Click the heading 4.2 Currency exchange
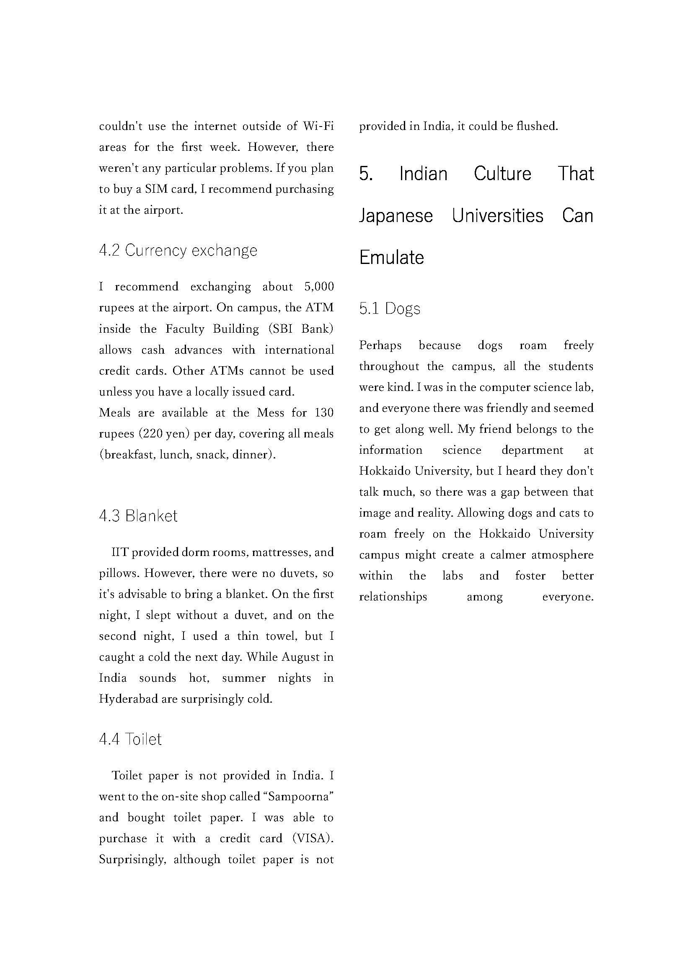pyautogui.click(x=178, y=251)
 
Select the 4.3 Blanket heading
pyautogui.click(x=138, y=516)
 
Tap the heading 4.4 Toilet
pyautogui.click(x=130, y=739)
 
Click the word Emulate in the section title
pyautogui.click(x=391, y=257)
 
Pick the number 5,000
pyautogui.click(x=319, y=287)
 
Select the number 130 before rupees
pyautogui.click(x=324, y=413)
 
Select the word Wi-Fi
pyautogui.click(x=318, y=127)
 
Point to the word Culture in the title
pyautogui.click(x=502, y=174)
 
